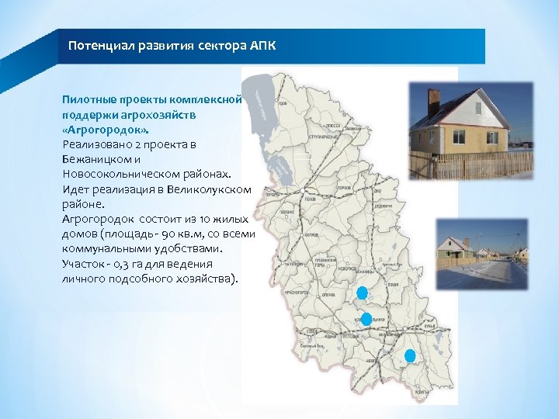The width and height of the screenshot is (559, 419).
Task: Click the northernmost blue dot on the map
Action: (361, 293)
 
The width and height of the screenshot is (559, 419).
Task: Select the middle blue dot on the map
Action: (366, 319)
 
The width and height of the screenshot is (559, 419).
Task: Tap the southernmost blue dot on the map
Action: (410, 355)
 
